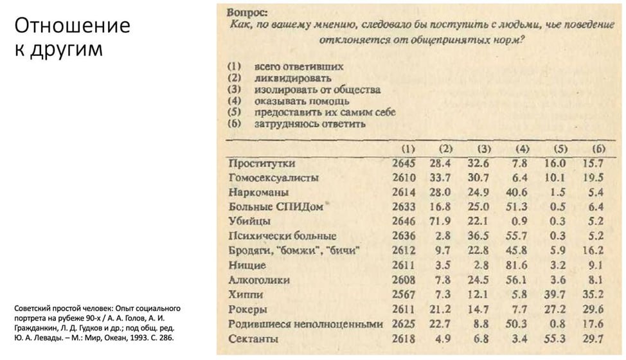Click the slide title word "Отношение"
click(72, 26)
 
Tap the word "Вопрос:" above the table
click(247, 12)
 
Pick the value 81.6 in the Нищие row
click(517, 265)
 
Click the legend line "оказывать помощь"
click(301, 100)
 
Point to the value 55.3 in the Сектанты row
click(555, 339)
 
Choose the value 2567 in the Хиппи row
click(404, 294)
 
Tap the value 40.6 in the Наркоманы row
click(517, 192)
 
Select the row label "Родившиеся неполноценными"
click(305, 324)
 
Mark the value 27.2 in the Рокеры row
click(555, 309)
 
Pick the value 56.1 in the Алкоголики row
click(517, 280)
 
